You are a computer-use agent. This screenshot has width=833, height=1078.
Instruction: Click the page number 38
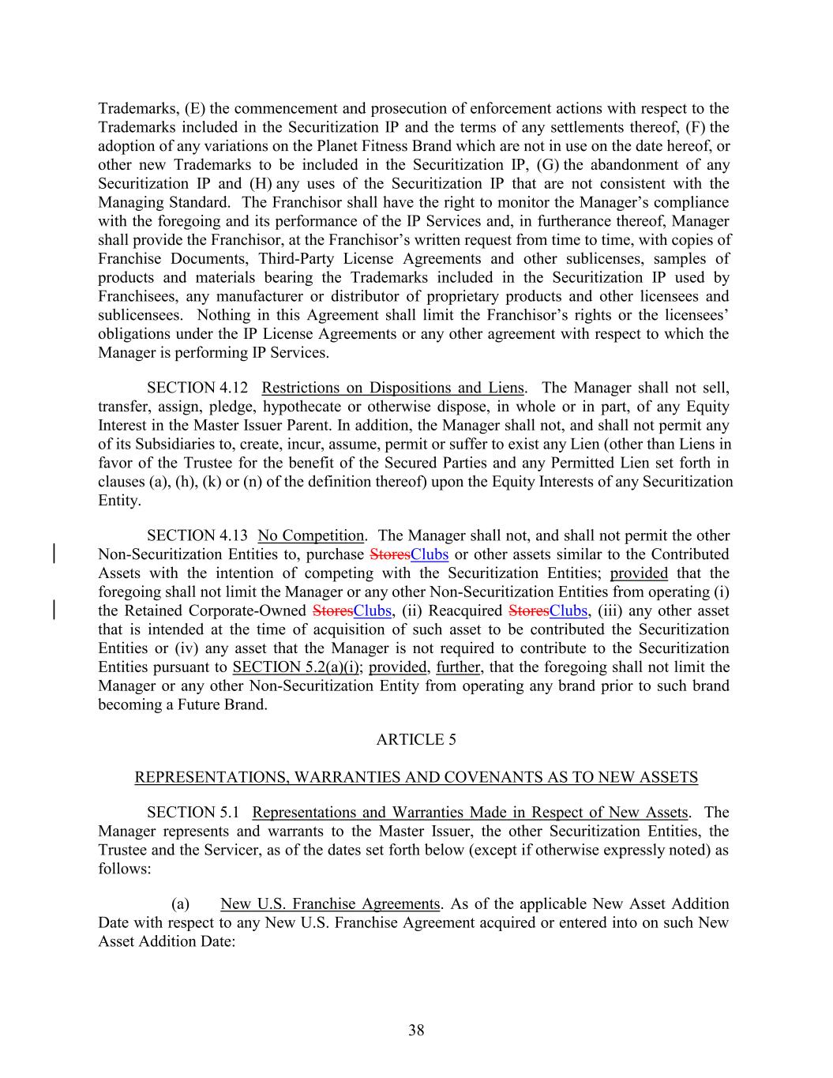(x=416, y=1030)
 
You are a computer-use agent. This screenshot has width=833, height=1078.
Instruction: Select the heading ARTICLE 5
(x=416, y=740)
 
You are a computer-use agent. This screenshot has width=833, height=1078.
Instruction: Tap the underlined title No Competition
(x=311, y=536)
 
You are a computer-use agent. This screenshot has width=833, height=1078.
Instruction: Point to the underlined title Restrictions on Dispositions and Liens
(x=392, y=388)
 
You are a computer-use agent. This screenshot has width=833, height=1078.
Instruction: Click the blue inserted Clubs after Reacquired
(x=568, y=611)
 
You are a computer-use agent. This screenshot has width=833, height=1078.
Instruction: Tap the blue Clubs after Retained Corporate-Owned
(x=373, y=611)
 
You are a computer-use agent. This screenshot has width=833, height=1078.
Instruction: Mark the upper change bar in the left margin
(x=53, y=554)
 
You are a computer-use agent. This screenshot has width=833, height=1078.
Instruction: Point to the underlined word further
(x=457, y=667)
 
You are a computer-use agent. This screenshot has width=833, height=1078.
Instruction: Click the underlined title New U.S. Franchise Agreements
(x=330, y=904)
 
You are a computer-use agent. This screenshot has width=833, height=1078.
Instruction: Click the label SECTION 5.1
(x=192, y=813)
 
